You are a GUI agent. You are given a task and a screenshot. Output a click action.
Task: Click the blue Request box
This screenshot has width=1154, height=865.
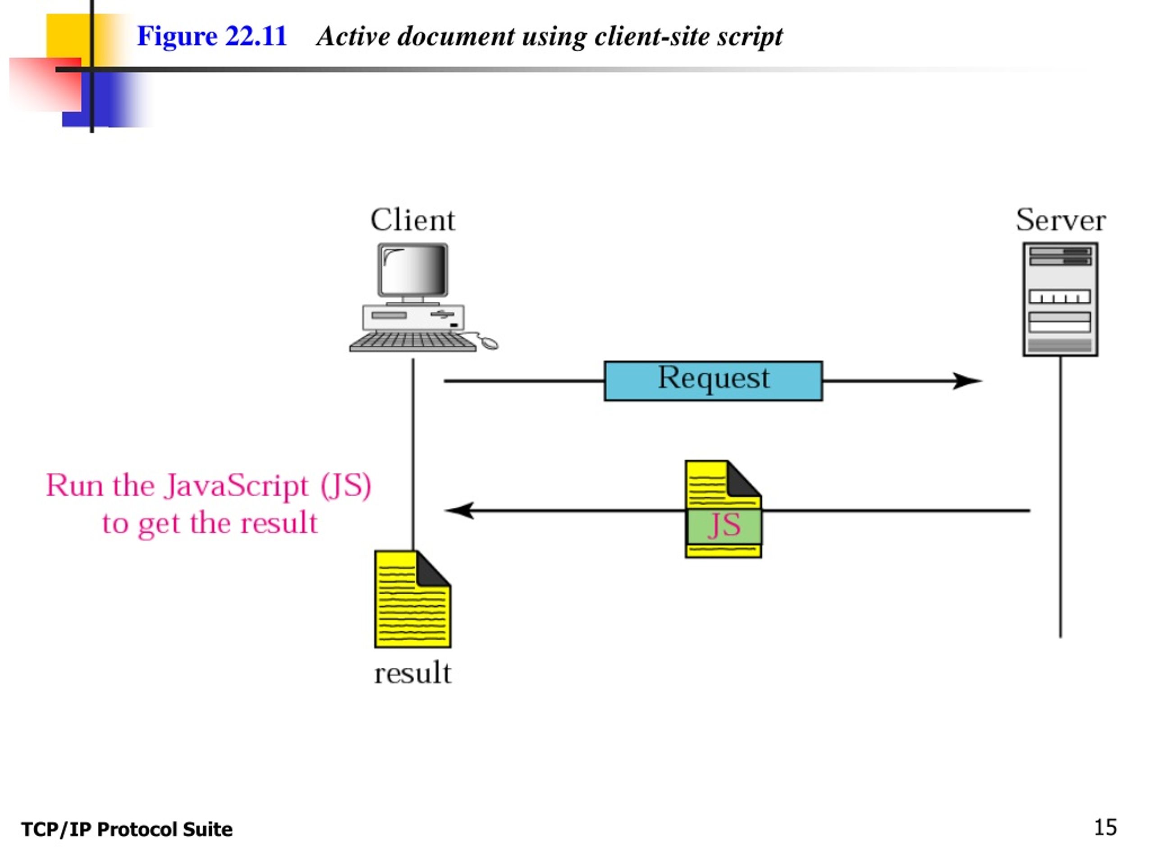pyautogui.click(x=713, y=381)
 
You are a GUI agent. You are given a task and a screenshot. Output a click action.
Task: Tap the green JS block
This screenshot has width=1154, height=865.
pyautogui.click(x=723, y=526)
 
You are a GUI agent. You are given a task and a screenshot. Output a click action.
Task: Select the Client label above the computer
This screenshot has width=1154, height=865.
pyautogui.click(x=412, y=220)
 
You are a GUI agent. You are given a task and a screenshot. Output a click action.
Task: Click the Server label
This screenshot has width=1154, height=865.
pyautogui.click(x=1061, y=220)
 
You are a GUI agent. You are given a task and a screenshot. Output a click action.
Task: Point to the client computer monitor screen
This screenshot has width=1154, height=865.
pyautogui.click(x=412, y=270)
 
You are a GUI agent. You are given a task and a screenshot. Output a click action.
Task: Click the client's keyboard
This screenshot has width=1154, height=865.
pyautogui.click(x=412, y=342)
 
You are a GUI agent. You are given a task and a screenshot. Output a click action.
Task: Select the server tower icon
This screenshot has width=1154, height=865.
pyautogui.click(x=1060, y=299)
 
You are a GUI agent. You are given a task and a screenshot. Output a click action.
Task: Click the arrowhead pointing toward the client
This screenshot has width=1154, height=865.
pyautogui.click(x=459, y=510)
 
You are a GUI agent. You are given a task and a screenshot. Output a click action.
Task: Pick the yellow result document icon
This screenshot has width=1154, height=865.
pyautogui.click(x=412, y=599)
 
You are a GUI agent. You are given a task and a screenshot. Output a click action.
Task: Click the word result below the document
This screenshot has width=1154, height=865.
pyautogui.click(x=412, y=673)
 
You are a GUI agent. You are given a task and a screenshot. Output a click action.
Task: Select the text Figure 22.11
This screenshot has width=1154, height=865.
pyautogui.click(x=212, y=36)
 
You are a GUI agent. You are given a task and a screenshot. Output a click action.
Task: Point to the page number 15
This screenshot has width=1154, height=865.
pyautogui.click(x=1105, y=828)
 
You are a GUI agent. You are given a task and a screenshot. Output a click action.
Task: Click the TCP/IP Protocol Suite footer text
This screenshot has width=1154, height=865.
pyautogui.click(x=127, y=829)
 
